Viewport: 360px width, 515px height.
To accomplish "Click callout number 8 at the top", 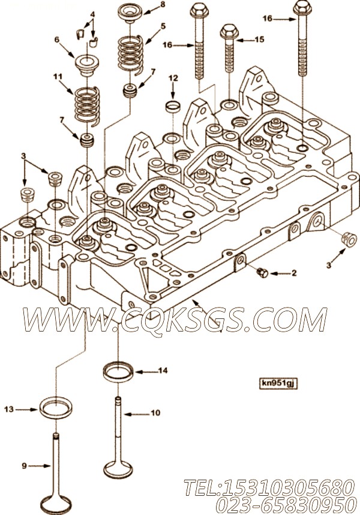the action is [163, 5].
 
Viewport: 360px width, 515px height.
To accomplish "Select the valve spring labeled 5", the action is [131, 54].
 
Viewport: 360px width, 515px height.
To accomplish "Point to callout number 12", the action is [173, 78].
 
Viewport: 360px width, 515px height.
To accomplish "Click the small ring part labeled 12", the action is [173, 107].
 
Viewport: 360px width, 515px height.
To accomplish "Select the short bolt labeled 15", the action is [229, 49].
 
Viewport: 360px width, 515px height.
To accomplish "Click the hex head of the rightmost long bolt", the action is [302, 7].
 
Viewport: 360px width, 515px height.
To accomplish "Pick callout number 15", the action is [259, 40].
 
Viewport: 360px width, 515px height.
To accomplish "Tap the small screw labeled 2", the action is [262, 272].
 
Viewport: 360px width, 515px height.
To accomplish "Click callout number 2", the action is [293, 273].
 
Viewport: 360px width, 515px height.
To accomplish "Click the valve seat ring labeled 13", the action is [56, 408].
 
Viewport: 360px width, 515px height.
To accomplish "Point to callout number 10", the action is [155, 413].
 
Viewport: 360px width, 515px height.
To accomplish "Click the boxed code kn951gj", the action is [278, 383].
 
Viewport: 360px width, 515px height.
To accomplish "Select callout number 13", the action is [9, 409].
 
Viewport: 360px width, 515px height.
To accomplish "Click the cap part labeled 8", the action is [130, 13].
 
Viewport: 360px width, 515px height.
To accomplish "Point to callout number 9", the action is [24, 466].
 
